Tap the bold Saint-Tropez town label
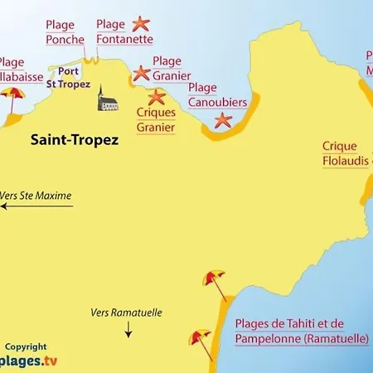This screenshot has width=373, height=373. (x=74, y=140)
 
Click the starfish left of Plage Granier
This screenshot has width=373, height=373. (x=141, y=74)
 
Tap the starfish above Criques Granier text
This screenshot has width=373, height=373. (x=156, y=97)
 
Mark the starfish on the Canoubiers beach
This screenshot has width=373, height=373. (x=223, y=120)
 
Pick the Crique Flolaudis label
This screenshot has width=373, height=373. (x=346, y=154)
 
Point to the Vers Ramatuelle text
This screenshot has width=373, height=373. (x=126, y=313)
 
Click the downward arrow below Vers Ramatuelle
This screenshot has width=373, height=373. (x=128, y=331)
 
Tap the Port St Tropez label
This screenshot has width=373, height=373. (x=68, y=77)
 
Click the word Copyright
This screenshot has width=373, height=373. (x=26, y=347)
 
